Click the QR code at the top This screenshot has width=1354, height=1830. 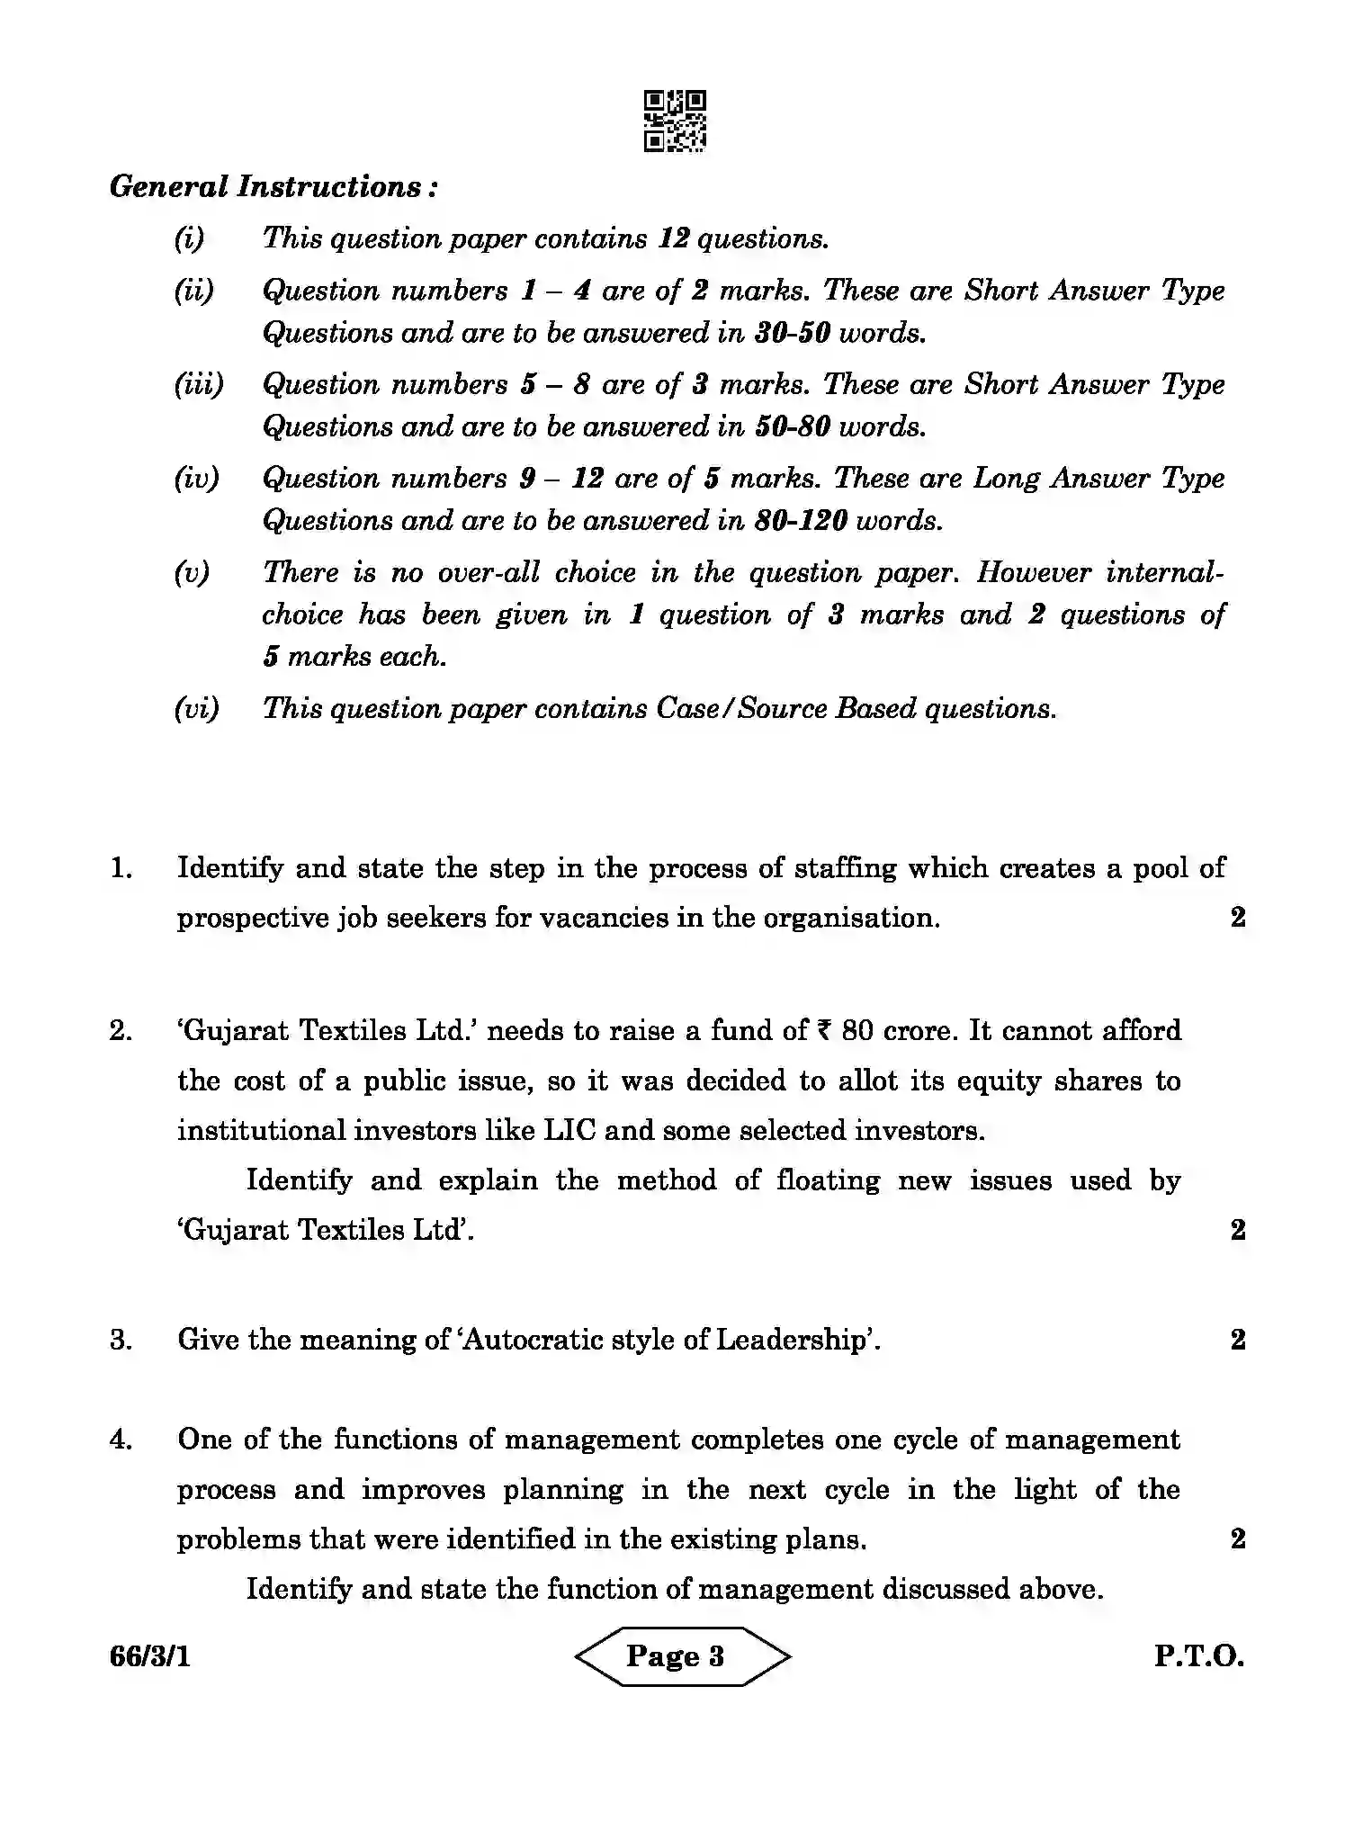[x=675, y=121]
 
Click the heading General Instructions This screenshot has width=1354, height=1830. [x=273, y=187]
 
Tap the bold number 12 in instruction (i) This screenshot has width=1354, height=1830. [x=673, y=238]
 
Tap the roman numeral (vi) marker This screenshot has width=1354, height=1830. [x=196, y=708]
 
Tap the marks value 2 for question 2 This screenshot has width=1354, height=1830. [x=1238, y=1230]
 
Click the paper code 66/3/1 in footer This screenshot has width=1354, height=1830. [x=150, y=1656]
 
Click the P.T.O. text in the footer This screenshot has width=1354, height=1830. [x=1199, y=1656]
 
